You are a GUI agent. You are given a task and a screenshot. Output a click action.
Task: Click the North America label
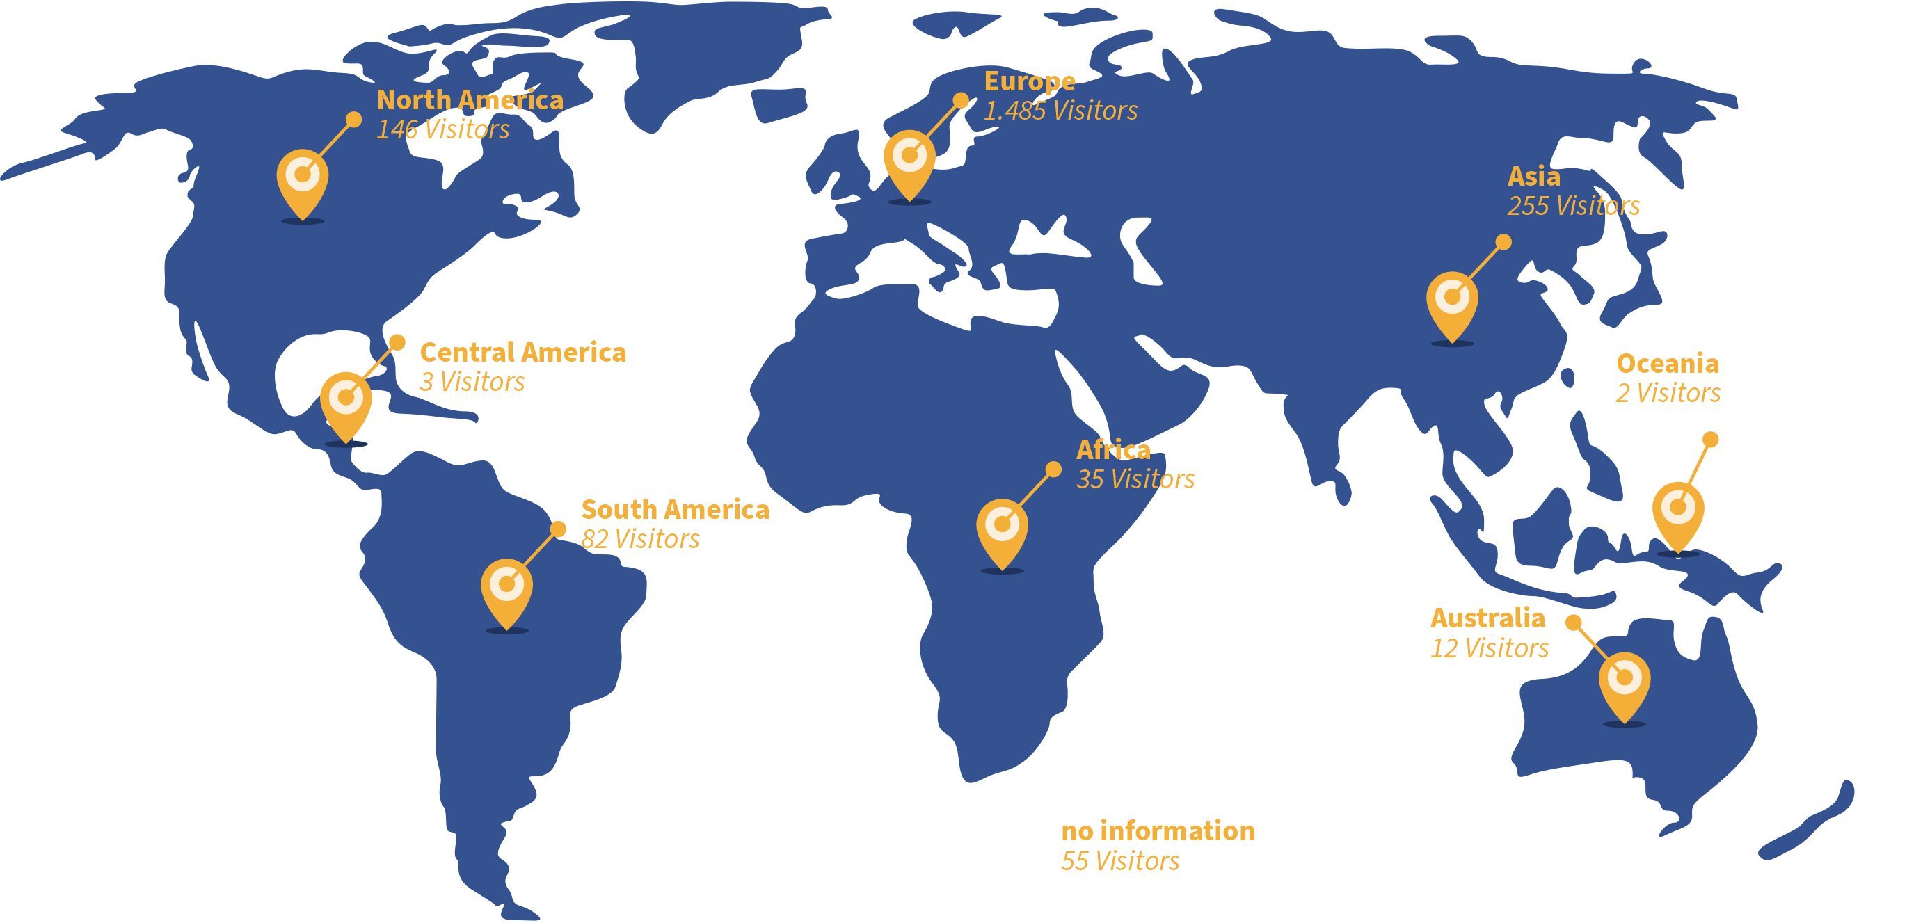[470, 100]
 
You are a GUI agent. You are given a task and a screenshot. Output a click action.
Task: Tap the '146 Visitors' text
[442, 129]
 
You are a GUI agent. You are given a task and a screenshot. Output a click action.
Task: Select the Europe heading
[1029, 81]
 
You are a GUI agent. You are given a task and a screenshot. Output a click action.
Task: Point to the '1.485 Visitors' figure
[1060, 111]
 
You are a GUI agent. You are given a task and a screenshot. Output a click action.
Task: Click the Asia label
[1533, 177]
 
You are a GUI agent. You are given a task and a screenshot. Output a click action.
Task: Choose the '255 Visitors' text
[1573, 206]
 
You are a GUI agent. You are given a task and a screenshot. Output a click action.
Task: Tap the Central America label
[522, 353]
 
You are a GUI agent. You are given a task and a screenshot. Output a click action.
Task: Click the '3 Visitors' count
[472, 382]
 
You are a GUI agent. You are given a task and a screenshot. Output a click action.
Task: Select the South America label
[674, 510]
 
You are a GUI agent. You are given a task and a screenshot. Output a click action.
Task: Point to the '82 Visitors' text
[639, 540]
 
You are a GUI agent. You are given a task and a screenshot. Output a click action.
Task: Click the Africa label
[1112, 450]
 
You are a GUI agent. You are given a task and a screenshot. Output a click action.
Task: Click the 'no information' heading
[1157, 831]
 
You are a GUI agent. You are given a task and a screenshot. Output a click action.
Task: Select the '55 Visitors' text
[1119, 862]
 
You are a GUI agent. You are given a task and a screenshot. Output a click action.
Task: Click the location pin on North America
[302, 180]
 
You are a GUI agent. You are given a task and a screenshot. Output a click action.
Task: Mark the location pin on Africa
[1002, 529]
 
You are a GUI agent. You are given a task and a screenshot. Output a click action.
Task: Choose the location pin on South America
[506, 589]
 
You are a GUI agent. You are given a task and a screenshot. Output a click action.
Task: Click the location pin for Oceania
[1677, 512]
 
